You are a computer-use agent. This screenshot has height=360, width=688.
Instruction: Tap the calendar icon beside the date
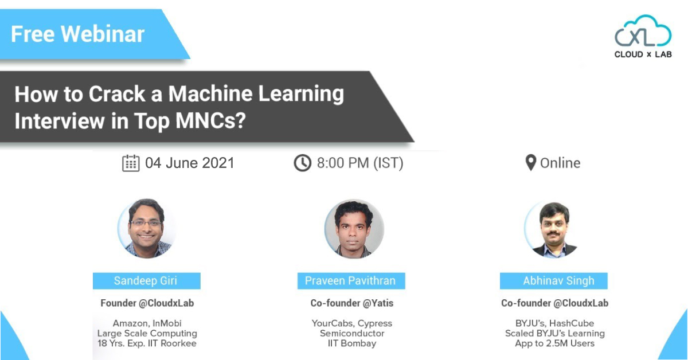pyautogui.click(x=131, y=163)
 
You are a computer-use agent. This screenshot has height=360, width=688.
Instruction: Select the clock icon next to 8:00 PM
pyautogui.click(x=303, y=163)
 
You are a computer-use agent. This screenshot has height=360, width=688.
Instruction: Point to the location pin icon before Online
pyautogui.click(x=531, y=162)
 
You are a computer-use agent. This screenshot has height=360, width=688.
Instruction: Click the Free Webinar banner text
pyautogui.click(x=78, y=34)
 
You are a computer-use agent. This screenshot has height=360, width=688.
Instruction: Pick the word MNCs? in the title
pyautogui.click(x=211, y=120)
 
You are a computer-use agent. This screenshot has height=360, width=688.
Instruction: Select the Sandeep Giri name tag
pyautogui.click(x=147, y=281)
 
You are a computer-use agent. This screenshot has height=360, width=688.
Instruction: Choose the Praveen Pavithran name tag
pyautogui.click(x=351, y=281)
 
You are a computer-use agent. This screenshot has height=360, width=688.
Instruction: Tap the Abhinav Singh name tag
pyautogui.click(x=553, y=281)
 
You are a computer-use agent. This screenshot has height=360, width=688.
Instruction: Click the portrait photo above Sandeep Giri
pyautogui.click(x=147, y=228)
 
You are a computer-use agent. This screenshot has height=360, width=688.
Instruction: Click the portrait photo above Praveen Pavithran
pyautogui.click(x=354, y=229)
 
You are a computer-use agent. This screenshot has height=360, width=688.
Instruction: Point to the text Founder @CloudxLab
pyautogui.click(x=147, y=303)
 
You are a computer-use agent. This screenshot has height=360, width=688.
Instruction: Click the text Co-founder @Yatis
pyautogui.click(x=351, y=303)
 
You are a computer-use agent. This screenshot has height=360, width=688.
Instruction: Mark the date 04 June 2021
pyautogui.click(x=190, y=163)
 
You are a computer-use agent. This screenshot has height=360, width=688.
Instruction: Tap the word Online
pyautogui.click(x=560, y=163)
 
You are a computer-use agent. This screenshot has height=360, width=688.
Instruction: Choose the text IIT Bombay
pyautogui.click(x=352, y=343)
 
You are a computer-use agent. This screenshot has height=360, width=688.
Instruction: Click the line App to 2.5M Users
pyautogui.click(x=555, y=343)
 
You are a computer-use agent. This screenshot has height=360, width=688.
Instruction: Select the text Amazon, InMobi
pyautogui.click(x=147, y=323)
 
